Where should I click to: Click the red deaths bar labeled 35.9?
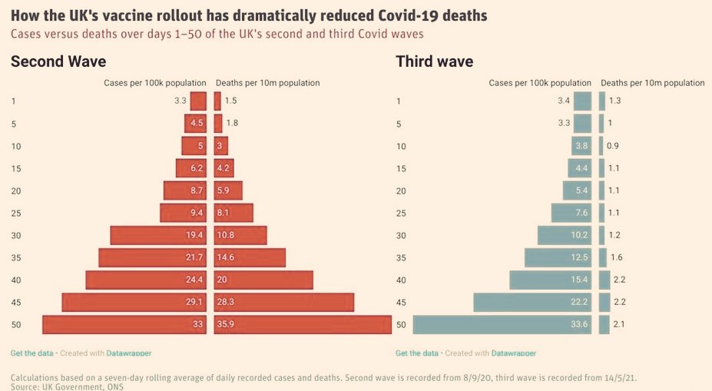(303, 325)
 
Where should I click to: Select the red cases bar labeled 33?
(124, 325)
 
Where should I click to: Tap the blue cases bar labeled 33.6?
(502, 325)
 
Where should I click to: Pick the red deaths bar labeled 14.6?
(250, 257)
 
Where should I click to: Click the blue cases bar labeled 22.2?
(532, 303)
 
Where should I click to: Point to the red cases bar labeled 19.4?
(158, 235)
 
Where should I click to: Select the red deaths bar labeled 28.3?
(283, 303)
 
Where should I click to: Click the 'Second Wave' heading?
(58, 61)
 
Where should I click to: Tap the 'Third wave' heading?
(435, 61)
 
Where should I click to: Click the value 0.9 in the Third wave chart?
(613, 146)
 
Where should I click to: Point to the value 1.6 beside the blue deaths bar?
(617, 257)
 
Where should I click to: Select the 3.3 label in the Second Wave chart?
(180, 101)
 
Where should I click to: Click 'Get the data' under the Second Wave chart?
(31, 353)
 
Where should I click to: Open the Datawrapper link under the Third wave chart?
(514, 353)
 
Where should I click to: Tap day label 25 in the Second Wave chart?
(16, 213)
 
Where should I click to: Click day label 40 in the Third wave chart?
(401, 280)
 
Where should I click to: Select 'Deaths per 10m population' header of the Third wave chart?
(653, 83)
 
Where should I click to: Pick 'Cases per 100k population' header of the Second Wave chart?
(155, 83)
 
